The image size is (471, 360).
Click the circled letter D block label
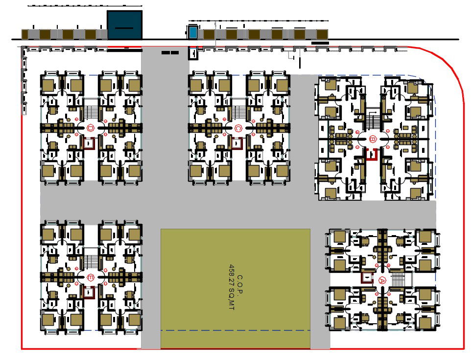tap(91, 128)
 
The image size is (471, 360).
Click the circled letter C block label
tap(238, 128)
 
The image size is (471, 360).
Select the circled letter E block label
tap(91, 278)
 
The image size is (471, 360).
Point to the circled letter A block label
tap(382, 280)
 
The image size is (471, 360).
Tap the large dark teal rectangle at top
tap(124, 24)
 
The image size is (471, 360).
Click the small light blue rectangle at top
tap(193, 32)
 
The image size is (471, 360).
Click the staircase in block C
tap(238, 109)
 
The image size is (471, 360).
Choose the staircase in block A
tap(398, 280)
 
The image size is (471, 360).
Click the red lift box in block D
tap(89, 144)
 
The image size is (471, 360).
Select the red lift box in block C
tap(237, 144)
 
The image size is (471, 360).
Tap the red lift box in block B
tap(372, 154)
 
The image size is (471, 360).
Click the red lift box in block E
tap(89, 292)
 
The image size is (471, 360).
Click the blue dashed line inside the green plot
tap(235, 330)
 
